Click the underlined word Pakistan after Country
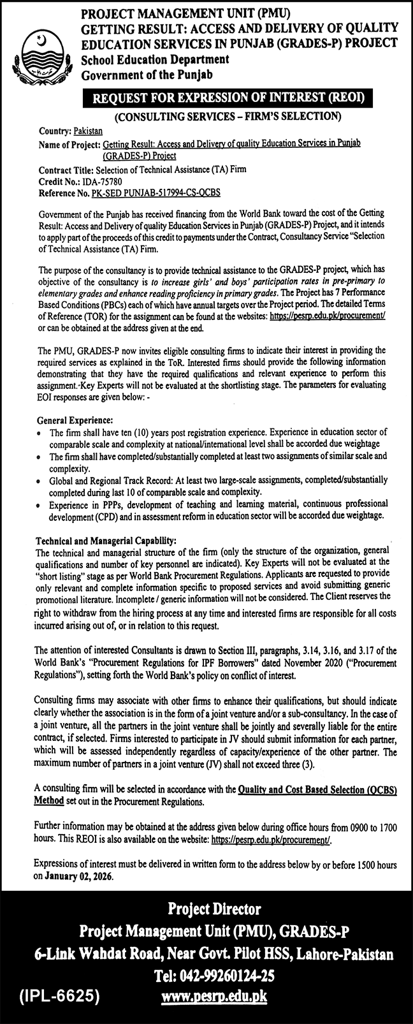(x=88, y=131)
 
